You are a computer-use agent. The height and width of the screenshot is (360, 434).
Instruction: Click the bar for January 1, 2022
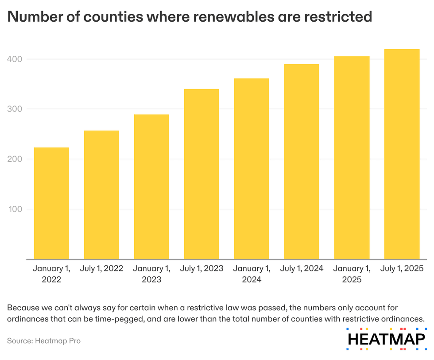51,203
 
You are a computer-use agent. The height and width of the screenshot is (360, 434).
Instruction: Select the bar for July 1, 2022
101,195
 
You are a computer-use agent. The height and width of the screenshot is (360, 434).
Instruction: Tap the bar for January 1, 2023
151,187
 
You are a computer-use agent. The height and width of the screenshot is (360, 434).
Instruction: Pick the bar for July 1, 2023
201,174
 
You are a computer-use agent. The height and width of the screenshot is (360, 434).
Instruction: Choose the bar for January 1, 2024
252,168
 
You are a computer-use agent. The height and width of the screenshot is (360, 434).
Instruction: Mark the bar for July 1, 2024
302,161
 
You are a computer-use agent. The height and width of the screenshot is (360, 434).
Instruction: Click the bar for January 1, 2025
352,157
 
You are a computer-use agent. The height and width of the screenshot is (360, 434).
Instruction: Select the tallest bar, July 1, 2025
402,154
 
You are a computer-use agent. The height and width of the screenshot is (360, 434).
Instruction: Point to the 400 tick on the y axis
15,59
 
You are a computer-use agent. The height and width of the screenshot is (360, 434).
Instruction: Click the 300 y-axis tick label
15,109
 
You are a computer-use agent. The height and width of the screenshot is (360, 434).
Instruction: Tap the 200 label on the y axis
15,159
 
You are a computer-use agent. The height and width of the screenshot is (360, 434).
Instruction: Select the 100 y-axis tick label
15,209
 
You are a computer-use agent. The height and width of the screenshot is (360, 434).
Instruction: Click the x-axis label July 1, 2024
302,269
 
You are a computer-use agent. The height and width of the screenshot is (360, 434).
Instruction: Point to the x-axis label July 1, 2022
101,269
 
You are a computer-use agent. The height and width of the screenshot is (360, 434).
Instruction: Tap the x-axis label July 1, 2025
402,269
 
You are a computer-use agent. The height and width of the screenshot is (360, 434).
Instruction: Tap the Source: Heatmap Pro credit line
44,340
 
